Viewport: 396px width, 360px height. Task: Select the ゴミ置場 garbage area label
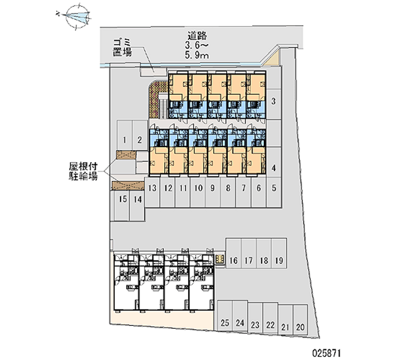122,48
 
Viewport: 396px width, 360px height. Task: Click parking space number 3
273,103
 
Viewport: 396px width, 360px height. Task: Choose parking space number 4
273,168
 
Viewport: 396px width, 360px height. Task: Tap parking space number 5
273,188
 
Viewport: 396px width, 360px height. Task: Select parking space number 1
125,139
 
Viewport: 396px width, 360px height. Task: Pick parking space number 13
152,188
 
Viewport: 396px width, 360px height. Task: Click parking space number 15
123,200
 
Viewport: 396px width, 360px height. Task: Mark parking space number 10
198,188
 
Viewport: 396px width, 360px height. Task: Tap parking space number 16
234,260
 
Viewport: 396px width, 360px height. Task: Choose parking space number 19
279,260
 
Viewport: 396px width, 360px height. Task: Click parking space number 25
225,323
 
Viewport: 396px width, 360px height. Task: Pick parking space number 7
243,188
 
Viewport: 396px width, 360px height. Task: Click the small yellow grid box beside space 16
220,258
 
